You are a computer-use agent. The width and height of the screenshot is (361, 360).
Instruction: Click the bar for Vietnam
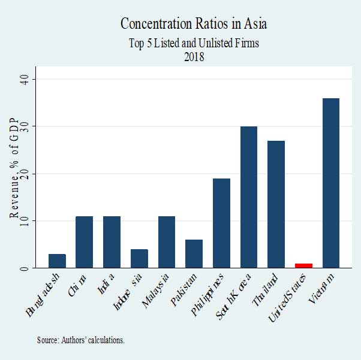click(331, 183)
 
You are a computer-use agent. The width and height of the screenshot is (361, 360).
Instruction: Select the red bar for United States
click(303, 265)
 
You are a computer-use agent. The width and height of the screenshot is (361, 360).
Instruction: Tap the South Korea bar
click(248, 197)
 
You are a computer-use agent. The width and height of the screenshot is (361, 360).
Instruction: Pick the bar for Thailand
click(276, 204)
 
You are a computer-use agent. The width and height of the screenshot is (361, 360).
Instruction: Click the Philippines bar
click(221, 223)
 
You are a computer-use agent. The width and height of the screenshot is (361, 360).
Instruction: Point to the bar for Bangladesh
click(57, 261)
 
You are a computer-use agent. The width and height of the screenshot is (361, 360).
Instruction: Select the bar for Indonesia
click(139, 259)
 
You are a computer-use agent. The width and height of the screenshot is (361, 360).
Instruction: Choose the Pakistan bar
click(194, 254)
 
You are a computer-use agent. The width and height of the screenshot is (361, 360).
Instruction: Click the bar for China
click(84, 242)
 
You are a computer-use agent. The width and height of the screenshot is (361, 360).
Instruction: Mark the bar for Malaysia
click(166, 242)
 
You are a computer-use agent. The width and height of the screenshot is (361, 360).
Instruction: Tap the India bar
click(112, 242)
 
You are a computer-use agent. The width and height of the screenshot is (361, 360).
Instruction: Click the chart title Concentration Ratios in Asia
click(194, 24)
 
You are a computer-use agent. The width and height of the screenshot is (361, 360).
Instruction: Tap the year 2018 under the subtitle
click(194, 58)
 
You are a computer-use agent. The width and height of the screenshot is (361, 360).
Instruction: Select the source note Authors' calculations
click(80, 340)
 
